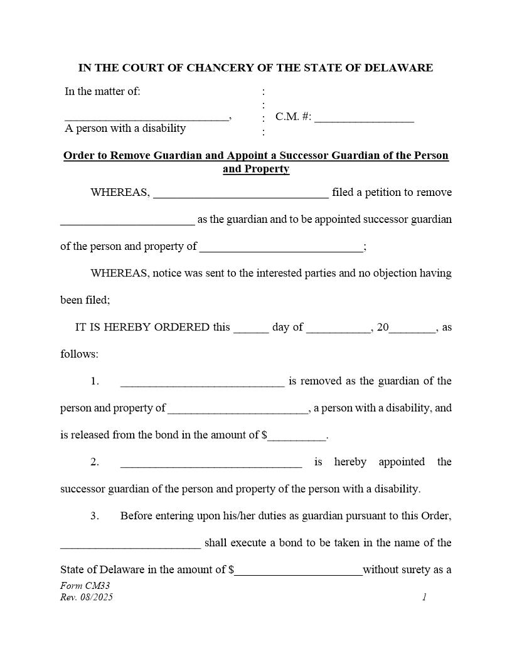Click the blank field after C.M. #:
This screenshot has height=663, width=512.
tap(364, 118)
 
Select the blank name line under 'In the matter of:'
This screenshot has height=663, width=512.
tap(147, 117)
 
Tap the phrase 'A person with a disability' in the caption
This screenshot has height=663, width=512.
tap(125, 129)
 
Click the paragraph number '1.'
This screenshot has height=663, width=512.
tap(95, 382)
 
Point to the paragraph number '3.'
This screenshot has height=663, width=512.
tap(95, 516)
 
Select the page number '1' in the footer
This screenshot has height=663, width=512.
tap(424, 597)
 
